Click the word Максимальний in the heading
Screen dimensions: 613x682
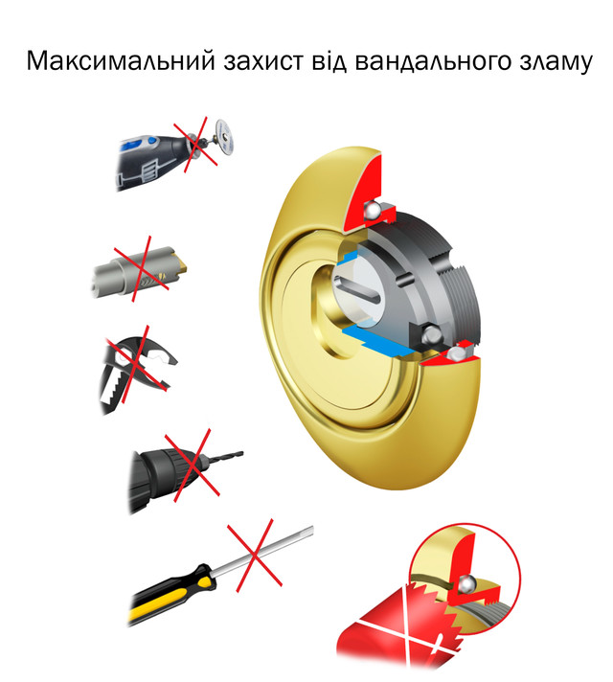click(x=121, y=60)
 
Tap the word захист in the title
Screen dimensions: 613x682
click(x=263, y=60)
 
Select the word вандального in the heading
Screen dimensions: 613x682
click(x=432, y=61)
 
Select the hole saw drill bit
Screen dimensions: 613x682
click(x=141, y=272)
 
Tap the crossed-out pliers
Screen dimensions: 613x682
click(x=135, y=370)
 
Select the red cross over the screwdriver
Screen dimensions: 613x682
click(x=255, y=556)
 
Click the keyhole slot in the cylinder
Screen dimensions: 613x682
click(x=356, y=290)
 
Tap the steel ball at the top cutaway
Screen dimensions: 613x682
click(x=374, y=211)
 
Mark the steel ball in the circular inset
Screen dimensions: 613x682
click(x=465, y=582)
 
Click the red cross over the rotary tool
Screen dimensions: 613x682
click(x=196, y=142)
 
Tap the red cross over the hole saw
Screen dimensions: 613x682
click(x=141, y=269)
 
